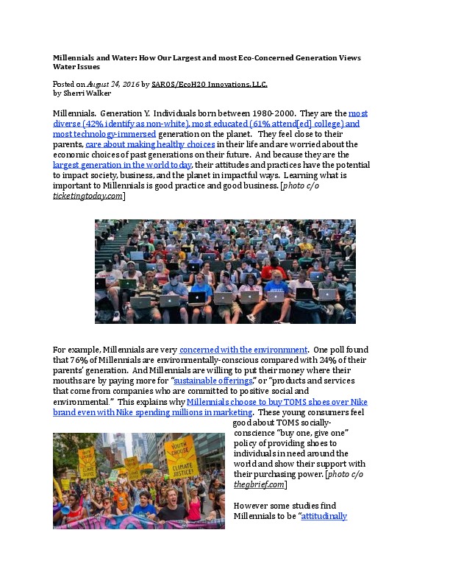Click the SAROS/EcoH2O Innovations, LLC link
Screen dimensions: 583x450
(210, 85)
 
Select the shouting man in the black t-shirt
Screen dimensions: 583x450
(174, 513)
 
